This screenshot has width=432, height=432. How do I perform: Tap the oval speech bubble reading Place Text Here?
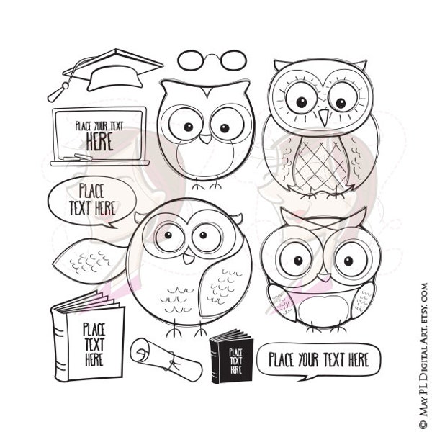point(91,201)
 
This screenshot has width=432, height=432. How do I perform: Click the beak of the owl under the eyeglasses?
point(206,136)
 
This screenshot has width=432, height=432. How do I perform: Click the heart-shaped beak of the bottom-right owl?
point(323,276)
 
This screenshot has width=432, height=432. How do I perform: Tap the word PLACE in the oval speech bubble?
point(91,191)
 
